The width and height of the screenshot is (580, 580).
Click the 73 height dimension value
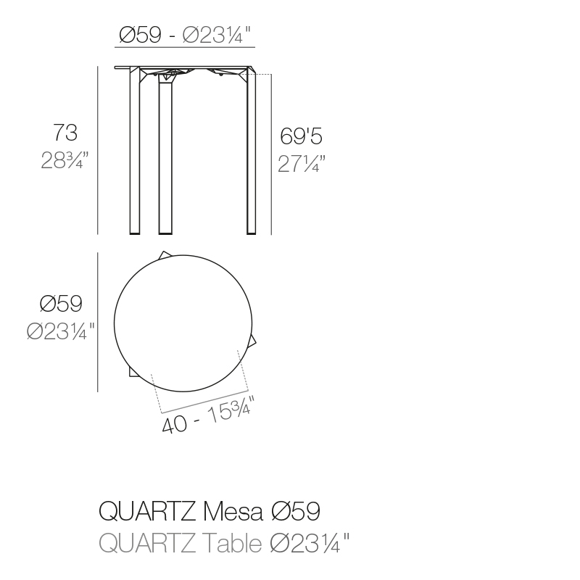65,133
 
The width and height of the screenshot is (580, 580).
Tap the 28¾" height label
65,160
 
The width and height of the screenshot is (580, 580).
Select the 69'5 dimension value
301,136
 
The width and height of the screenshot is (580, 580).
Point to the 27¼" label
302,164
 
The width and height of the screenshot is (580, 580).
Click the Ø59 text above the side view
140,35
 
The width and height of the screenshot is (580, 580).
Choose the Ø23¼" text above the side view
217,35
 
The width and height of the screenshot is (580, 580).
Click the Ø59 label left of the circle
61,303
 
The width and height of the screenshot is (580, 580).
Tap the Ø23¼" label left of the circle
61,331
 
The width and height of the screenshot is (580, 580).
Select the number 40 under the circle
174,424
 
